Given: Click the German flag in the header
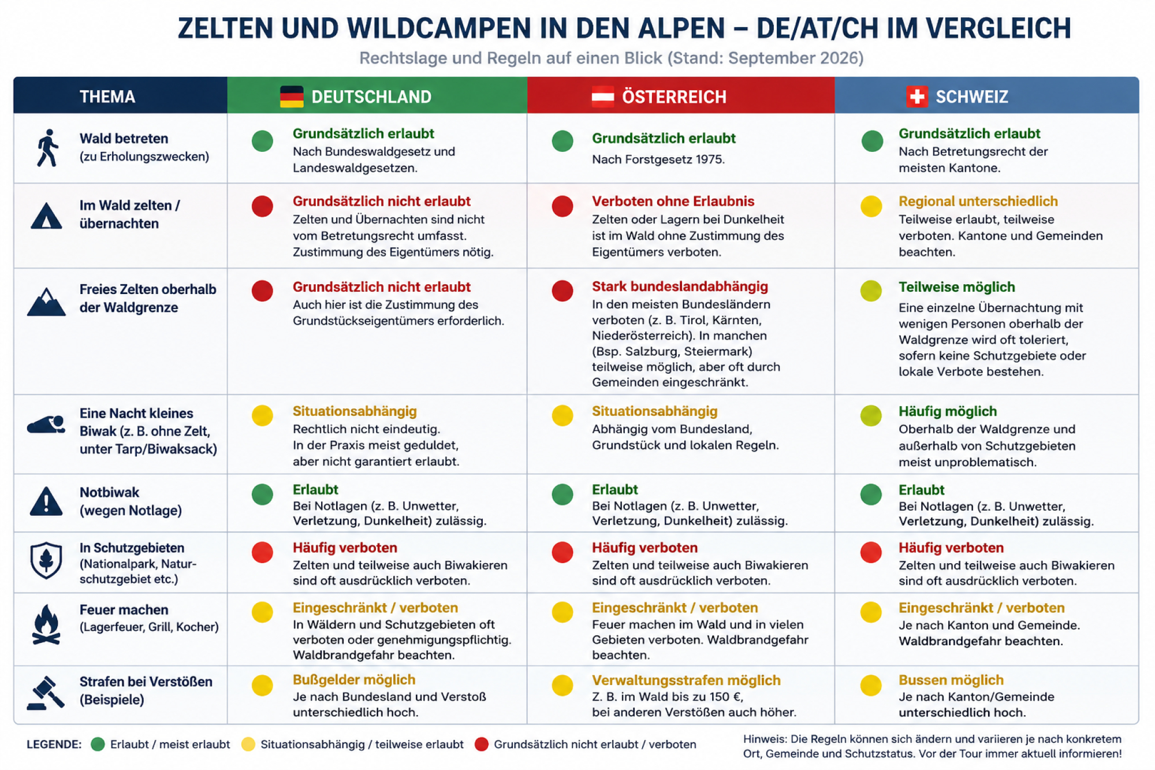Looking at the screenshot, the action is pyautogui.click(x=292, y=96).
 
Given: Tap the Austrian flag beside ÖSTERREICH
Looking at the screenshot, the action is pyautogui.click(x=603, y=96).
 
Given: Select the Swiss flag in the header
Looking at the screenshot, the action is pyautogui.click(x=917, y=96).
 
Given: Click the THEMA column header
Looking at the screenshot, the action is pyautogui.click(x=107, y=96).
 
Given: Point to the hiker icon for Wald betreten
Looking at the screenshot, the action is pyautogui.click(x=48, y=148).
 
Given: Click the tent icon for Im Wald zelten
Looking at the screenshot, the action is pyautogui.click(x=46, y=216).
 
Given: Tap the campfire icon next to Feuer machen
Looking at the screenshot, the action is pyautogui.click(x=46, y=624).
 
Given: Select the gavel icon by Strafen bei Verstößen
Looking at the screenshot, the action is pyautogui.click(x=46, y=693).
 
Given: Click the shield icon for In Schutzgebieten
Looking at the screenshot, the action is pyautogui.click(x=46, y=560).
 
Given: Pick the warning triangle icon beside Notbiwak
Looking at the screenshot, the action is pyautogui.click(x=46, y=501).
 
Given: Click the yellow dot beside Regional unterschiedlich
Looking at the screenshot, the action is pyautogui.click(x=871, y=206).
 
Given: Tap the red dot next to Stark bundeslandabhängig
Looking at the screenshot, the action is pyautogui.click(x=562, y=291).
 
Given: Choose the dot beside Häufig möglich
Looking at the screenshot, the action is pyautogui.click(x=871, y=415).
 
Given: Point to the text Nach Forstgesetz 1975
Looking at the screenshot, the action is pyautogui.click(x=658, y=159).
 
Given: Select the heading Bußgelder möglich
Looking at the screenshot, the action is pyautogui.click(x=354, y=680).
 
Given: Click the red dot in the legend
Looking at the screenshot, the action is pyautogui.click(x=482, y=744).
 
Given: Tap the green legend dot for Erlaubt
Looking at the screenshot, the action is pyautogui.click(x=98, y=744).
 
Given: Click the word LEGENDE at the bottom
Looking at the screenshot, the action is pyautogui.click(x=54, y=744).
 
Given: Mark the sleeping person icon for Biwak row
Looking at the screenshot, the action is pyautogui.click(x=46, y=425).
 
